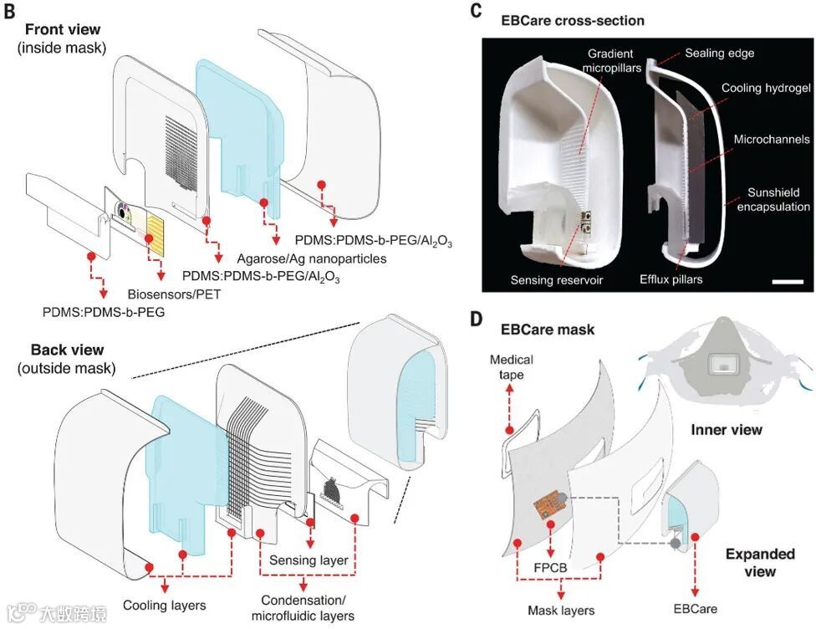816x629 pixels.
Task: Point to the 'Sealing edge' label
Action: tap(719, 53)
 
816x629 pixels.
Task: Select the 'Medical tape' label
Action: tap(512, 368)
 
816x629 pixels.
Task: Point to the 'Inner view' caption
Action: tap(727, 430)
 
